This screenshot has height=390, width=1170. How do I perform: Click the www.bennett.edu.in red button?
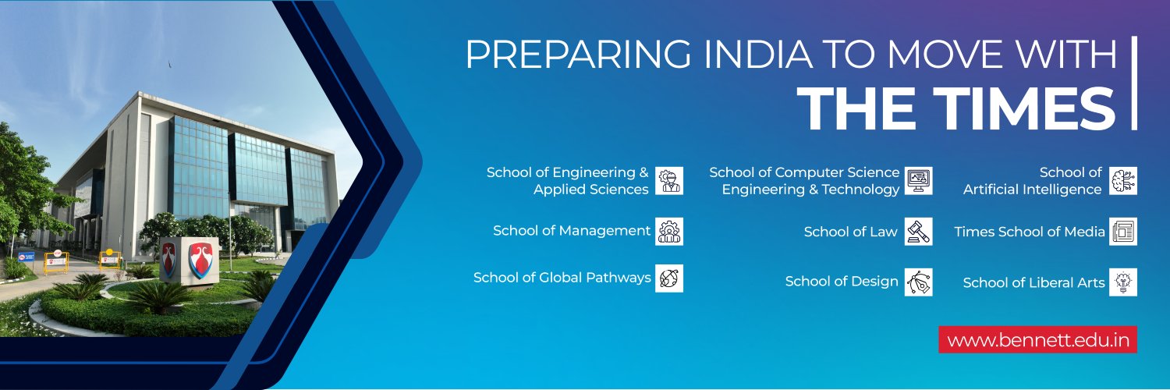[1037, 340]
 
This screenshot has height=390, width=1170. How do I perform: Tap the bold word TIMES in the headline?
[1024, 108]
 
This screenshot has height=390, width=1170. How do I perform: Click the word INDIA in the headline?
[758, 54]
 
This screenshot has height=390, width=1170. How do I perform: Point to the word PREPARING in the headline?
[578, 54]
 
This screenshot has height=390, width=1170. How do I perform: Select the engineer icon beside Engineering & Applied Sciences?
[669, 181]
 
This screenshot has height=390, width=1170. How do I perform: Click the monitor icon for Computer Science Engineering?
[919, 181]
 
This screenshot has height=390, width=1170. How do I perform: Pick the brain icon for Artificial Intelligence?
[1123, 181]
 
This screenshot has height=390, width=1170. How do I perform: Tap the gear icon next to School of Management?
[669, 232]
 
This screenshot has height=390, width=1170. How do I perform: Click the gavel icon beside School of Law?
[919, 232]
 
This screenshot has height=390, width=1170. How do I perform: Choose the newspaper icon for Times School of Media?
[1123, 232]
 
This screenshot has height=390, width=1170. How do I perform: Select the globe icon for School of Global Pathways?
[669, 278]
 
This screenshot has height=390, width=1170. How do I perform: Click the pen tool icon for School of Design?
[919, 282]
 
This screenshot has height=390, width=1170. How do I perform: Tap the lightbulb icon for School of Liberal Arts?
[1123, 282]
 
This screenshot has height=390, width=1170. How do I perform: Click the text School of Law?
[850, 232]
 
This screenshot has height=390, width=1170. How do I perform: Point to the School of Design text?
[842, 282]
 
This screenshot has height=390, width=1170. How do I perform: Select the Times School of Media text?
[1030, 232]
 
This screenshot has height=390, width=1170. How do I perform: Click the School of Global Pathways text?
[562, 278]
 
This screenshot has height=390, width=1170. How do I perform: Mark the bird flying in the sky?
[169, 64]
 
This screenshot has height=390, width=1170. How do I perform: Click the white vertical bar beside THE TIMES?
[1134, 83]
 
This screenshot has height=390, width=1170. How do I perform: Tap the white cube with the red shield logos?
[189, 261]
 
